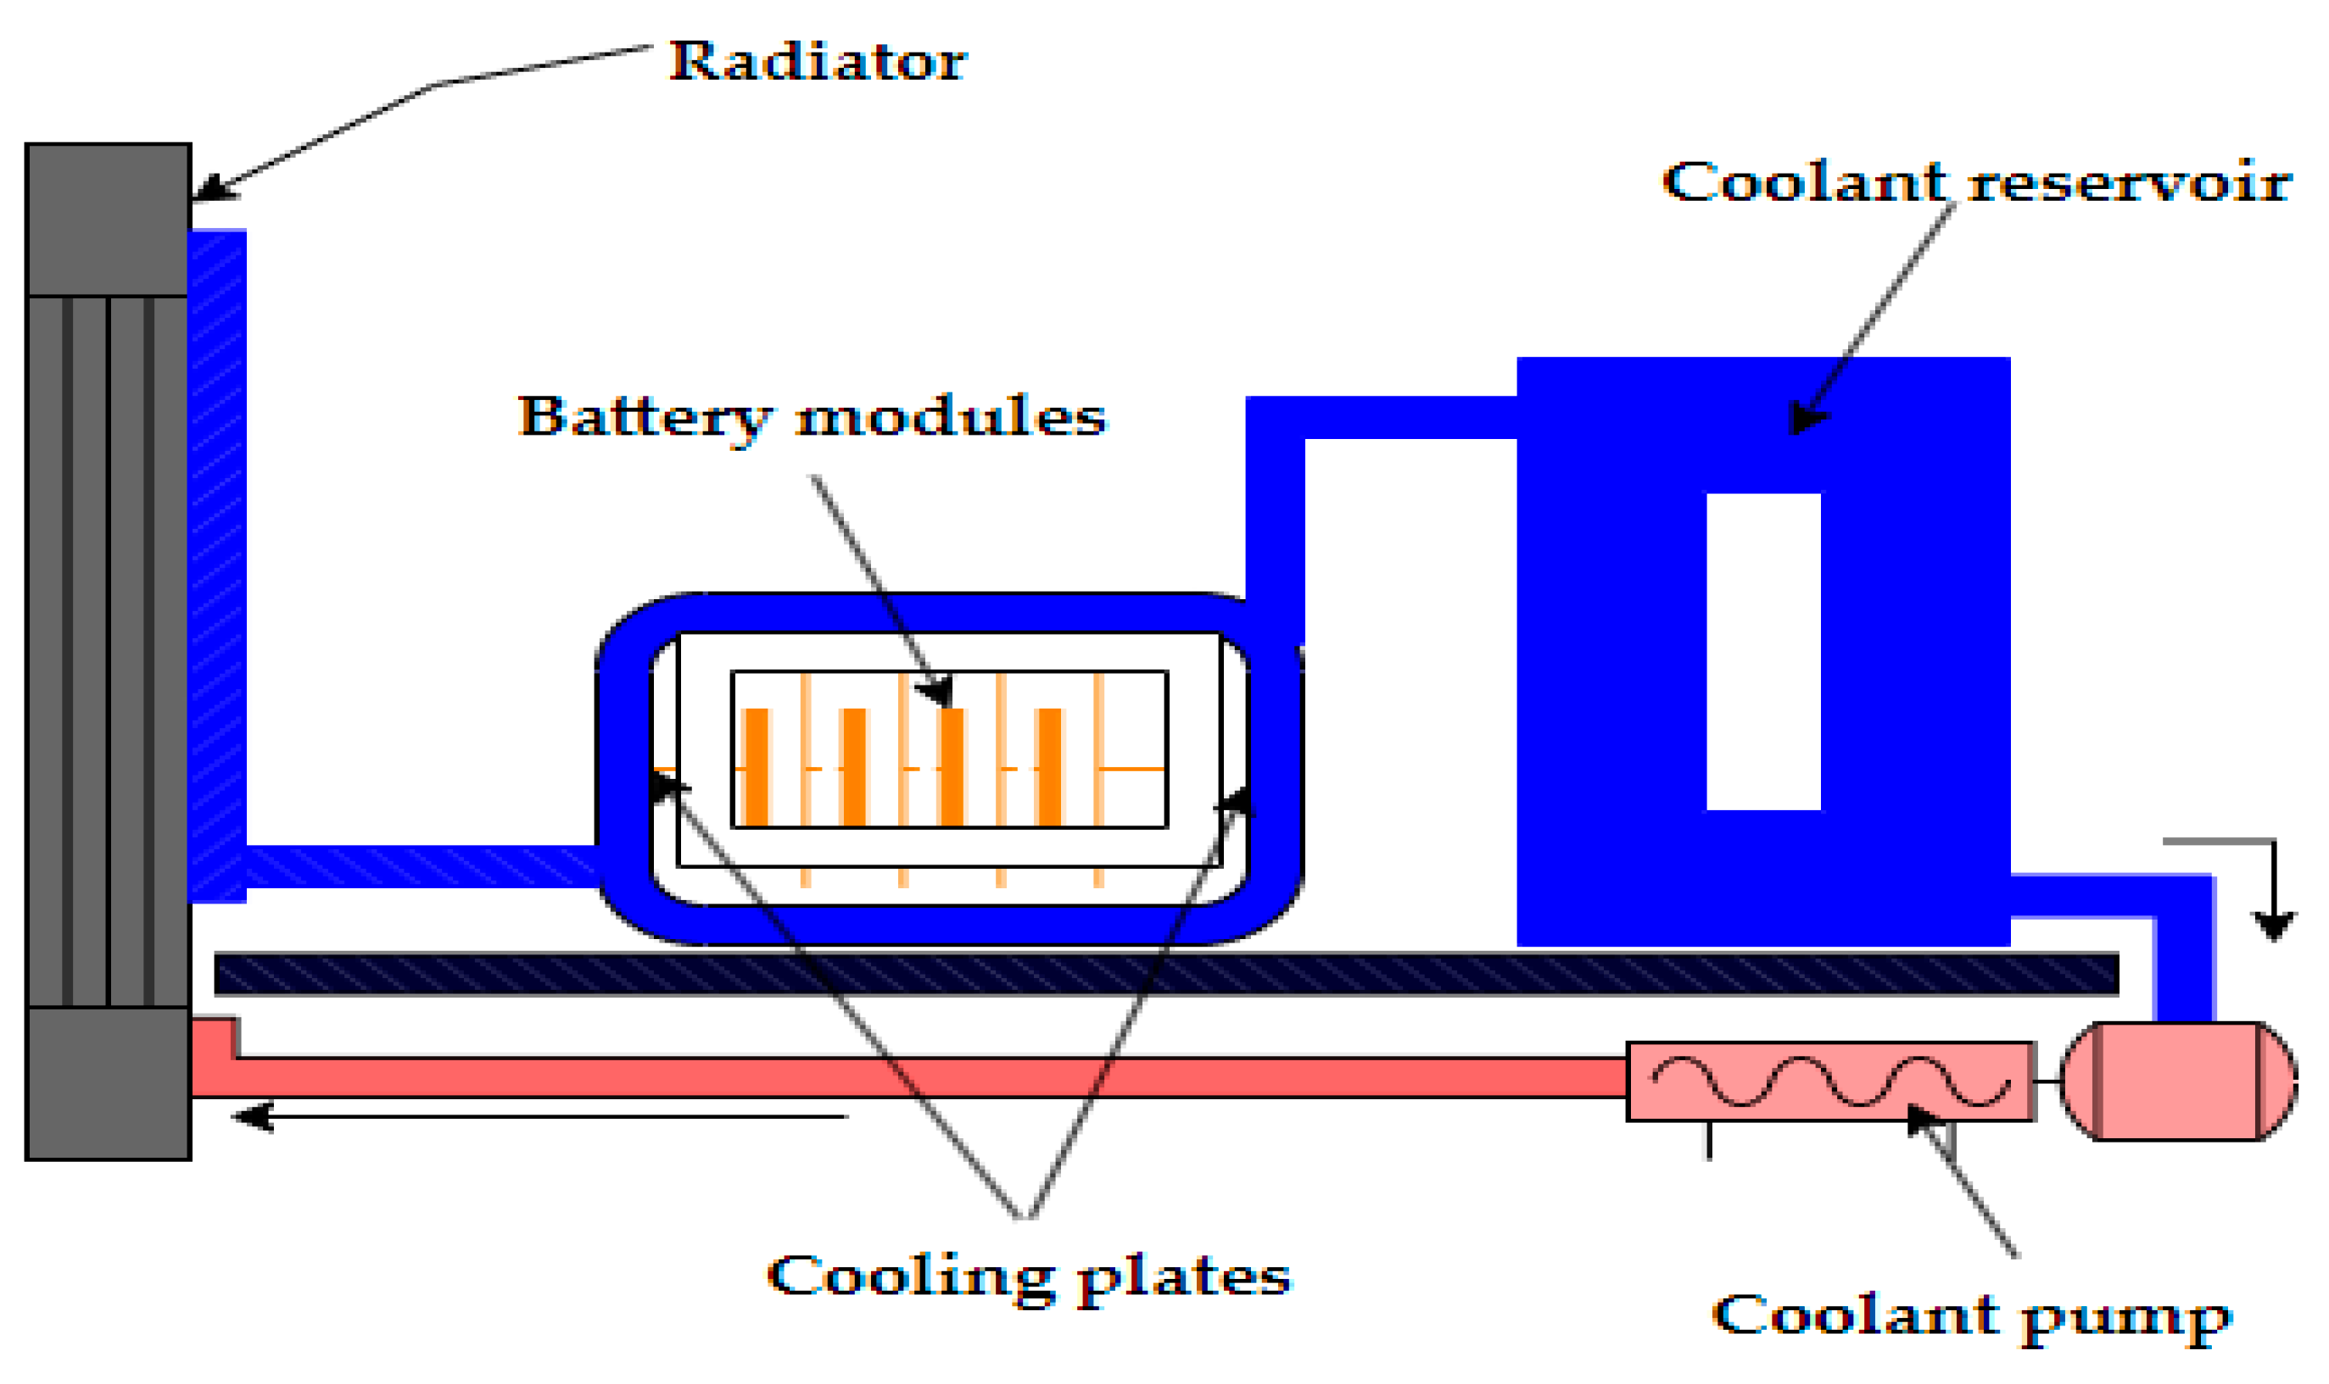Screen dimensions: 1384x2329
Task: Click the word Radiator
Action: click(817, 62)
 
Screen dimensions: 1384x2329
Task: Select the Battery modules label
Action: click(811, 416)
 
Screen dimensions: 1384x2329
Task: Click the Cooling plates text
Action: click(1027, 1275)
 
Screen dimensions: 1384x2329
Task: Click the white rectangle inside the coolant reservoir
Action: click(1762, 651)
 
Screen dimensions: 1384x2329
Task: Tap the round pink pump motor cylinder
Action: click(2177, 1081)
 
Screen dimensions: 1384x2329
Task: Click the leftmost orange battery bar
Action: click(755, 767)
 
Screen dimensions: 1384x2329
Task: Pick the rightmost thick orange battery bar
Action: click(1049, 767)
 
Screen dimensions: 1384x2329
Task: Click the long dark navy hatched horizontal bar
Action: click(1166, 975)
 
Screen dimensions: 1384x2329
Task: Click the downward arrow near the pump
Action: click(2273, 923)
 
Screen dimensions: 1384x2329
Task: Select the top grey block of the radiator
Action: click(109, 220)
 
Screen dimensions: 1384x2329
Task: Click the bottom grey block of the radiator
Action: click(109, 1083)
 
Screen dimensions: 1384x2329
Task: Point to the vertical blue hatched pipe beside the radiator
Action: click(216, 559)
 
